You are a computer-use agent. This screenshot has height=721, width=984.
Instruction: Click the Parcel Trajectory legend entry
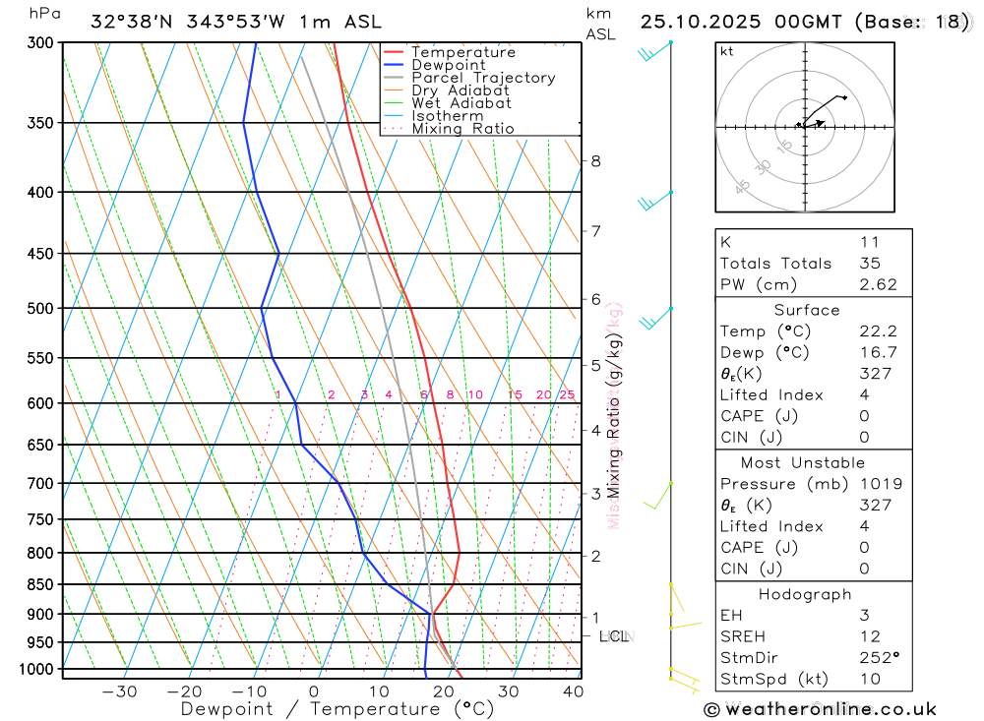pyautogui.click(x=483, y=78)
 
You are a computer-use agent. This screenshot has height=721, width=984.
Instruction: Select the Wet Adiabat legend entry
pyautogui.click(x=461, y=103)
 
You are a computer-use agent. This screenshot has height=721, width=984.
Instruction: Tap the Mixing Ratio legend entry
pyautogui.click(x=462, y=129)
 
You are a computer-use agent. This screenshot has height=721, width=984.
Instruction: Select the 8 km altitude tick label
pyautogui.click(x=596, y=161)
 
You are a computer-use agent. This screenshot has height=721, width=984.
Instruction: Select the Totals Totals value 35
pyautogui.click(x=870, y=264)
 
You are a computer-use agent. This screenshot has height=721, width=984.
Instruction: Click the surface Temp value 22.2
pyautogui.click(x=876, y=331)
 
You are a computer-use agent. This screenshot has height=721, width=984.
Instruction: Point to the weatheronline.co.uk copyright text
pyautogui.click(x=820, y=709)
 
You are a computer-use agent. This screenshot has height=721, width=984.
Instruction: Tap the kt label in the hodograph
pyautogui.click(x=727, y=51)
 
